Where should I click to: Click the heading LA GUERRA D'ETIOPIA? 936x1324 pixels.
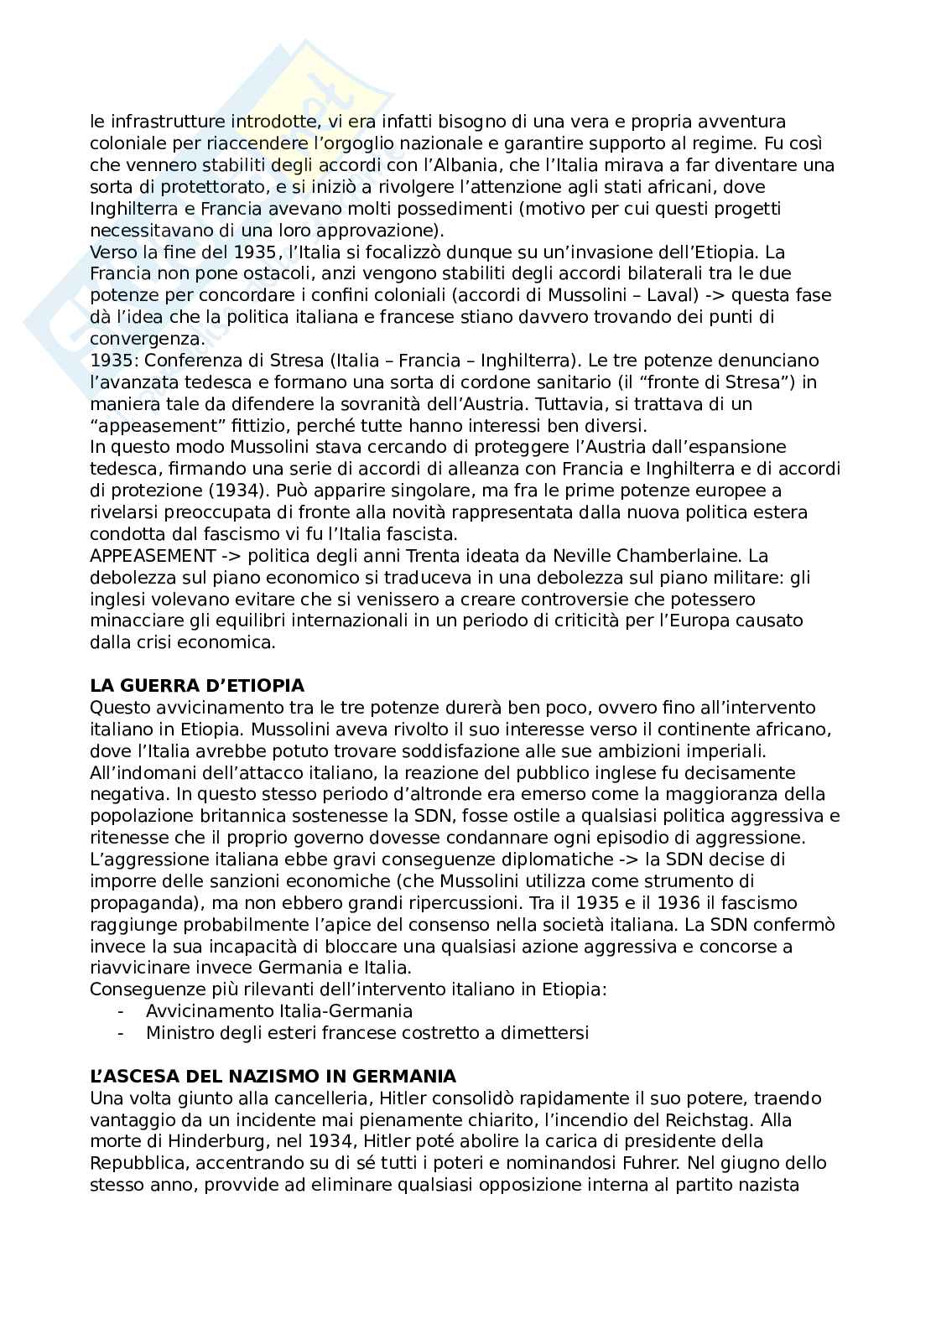196,686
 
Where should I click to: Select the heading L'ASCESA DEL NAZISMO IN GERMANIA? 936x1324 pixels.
273,1077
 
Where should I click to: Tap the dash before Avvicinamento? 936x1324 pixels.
122,1011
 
